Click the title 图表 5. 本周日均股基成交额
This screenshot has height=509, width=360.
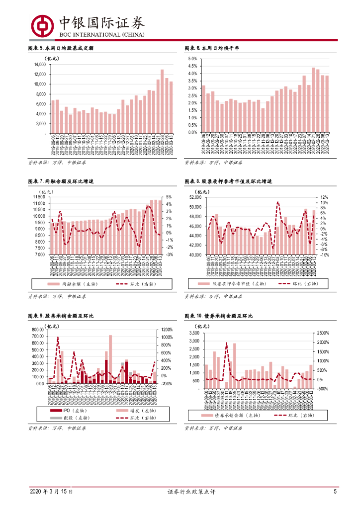[61, 48]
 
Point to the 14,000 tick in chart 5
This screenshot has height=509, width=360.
[40, 65]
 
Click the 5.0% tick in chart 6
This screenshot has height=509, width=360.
[192, 59]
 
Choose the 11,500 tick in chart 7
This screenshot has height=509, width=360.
[38, 197]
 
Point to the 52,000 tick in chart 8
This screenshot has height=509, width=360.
[194, 197]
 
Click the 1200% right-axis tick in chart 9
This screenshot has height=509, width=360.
[167, 330]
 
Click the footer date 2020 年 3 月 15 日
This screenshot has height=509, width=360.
[51, 492]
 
